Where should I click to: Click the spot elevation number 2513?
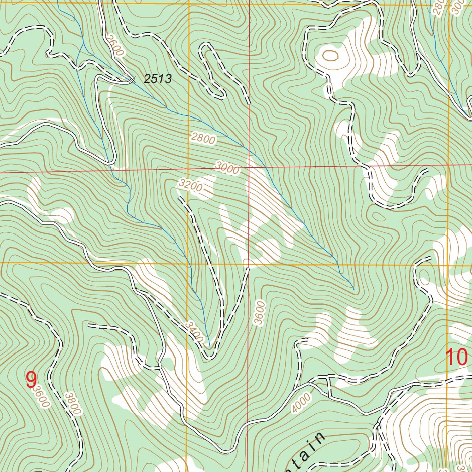coord(158,79)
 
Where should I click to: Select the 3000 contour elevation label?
coord(227,168)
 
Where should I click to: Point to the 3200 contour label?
coord(189,186)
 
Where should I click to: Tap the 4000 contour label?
coord(301,403)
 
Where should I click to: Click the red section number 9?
coord(31,380)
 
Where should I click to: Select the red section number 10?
coord(456,357)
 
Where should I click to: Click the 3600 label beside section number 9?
coord(41,397)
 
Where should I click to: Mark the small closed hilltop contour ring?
coord(330,56)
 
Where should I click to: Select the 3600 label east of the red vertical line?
coord(260,313)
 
